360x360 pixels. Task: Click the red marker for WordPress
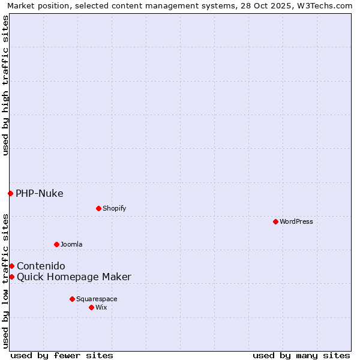click(x=275, y=221)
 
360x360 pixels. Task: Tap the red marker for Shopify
click(x=98, y=208)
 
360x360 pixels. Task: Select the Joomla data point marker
click(x=56, y=244)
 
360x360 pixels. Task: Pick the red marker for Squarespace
click(x=72, y=299)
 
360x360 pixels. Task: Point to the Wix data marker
click(x=91, y=307)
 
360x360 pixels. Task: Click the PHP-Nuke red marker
click(x=10, y=193)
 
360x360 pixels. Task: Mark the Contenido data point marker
click(x=11, y=266)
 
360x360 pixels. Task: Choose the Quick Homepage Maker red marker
click(x=11, y=277)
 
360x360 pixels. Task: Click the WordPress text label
click(x=296, y=221)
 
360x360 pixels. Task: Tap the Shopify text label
click(x=115, y=208)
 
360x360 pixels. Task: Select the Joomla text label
click(x=71, y=244)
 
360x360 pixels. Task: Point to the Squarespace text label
click(x=97, y=299)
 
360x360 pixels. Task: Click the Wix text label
click(x=101, y=307)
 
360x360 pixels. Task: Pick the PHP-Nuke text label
click(x=40, y=193)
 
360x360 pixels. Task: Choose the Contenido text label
click(x=41, y=266)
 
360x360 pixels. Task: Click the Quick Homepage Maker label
click(x=74, y=277)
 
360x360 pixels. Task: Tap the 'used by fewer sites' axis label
click(x=62, y=355)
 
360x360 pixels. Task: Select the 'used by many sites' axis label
click(x=301, y=355)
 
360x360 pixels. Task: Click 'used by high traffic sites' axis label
click(x=5, y=85)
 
